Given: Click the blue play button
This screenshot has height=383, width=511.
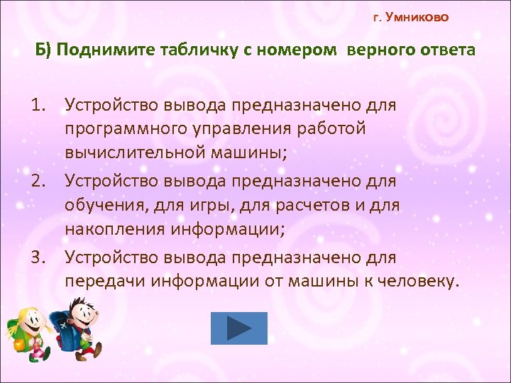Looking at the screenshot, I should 239,328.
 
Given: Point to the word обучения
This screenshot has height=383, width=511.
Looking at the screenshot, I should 100,206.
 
